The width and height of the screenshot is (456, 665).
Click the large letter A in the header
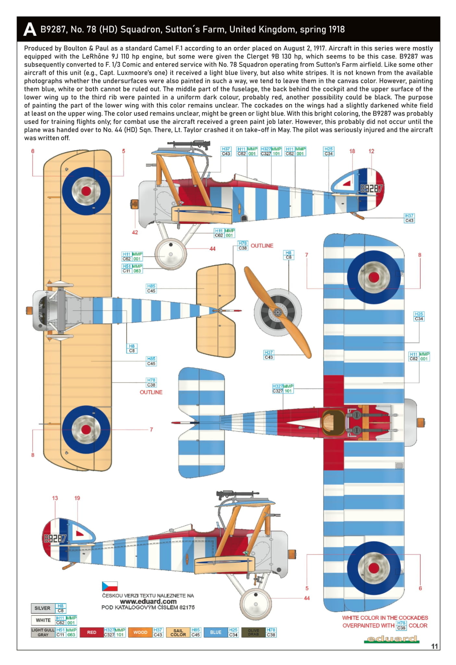(x=30, y=30)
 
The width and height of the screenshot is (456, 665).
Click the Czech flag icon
(x=110, y=586)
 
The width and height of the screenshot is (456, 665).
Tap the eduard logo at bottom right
(x=391, y=639)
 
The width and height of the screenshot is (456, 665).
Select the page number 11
(x=435, y=646)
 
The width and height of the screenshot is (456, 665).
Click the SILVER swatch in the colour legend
(x=43, y=608)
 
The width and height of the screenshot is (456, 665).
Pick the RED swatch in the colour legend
(x=92, y=632)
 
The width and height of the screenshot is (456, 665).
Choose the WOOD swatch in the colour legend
(x=140, y=632)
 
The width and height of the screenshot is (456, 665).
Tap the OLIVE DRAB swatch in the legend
(x=253, y=632)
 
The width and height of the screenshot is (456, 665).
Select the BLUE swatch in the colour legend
(x=216, y=632)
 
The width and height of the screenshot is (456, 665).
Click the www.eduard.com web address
(x=148, y=601)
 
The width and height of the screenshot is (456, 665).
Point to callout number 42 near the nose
(x=135, y=232)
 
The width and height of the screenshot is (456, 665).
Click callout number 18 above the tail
(x=352, y=151)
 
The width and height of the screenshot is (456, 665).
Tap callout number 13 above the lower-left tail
(x=55, y=498)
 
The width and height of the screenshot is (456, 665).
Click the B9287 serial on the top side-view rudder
(x=371, y=189)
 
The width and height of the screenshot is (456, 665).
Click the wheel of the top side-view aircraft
(x=171, y=254)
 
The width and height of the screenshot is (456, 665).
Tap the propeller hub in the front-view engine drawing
(x=277, y=313)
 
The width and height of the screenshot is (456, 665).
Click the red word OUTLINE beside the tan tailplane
(x=262, y=246)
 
